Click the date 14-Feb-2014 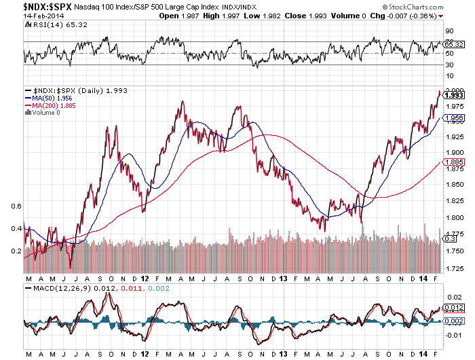(x=23, y=15)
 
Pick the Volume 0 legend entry (x=43, y=113)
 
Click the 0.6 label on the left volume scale (x=17, y=205)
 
